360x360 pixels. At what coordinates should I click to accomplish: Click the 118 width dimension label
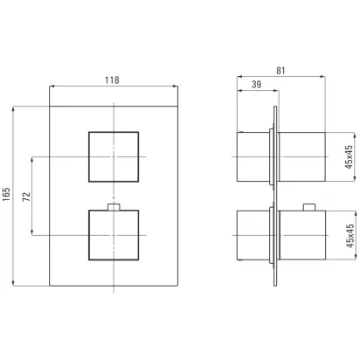tap(112, 80)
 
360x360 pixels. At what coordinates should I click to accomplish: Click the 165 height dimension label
tap(6, 194)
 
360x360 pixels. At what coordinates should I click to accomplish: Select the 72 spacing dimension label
tap(26, 197)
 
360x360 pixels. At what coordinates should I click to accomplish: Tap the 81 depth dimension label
tap(280, 71)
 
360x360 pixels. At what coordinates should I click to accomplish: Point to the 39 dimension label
tap(256, 85)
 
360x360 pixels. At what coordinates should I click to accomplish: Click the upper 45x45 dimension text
tap(349, 157)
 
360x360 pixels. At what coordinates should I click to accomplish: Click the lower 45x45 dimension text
tap(350, 236)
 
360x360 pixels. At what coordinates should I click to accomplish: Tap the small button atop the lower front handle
tap(114, 207)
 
